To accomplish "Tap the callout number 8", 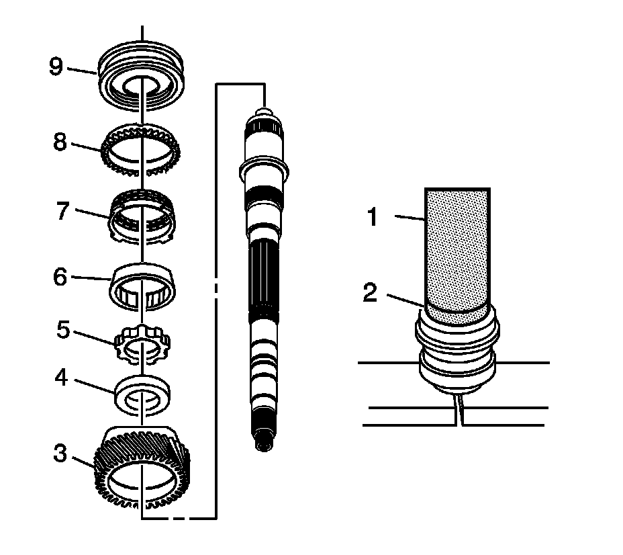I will [60, 142].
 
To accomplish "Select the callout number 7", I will [61, 211].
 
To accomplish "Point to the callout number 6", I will [60, 276].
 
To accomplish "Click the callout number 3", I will [61, 455].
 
